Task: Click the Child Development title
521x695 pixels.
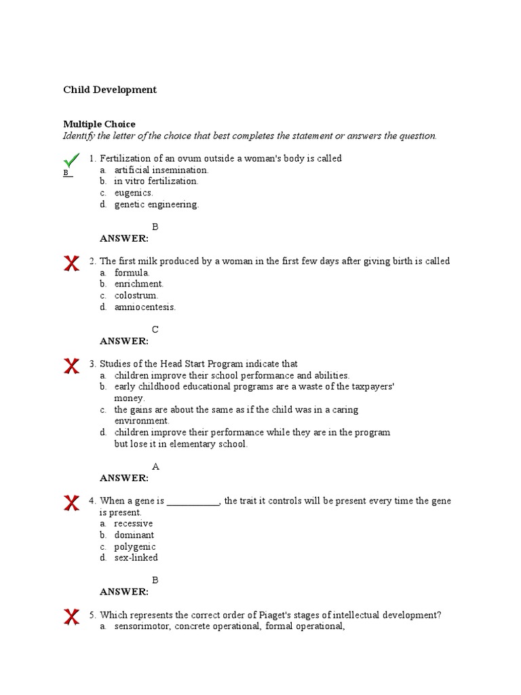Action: coord(110,90)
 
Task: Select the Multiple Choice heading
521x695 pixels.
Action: coord(99,124)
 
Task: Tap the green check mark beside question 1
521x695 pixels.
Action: coord(71,160)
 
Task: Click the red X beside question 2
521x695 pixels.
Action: coord(71,263)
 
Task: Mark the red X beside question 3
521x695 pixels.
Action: coord(71,367)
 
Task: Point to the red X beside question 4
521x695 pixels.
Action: coord(71,503)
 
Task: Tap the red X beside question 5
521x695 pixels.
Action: coord(71,617)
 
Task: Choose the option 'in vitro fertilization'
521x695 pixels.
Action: coord(156,182)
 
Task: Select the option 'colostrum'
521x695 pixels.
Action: coord(136,296)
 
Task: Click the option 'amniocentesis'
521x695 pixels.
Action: coord(144,307)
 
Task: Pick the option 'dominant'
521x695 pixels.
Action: coord(134,536)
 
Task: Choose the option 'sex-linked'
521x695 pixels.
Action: coord(136,558)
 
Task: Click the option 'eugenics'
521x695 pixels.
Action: coord(134,193)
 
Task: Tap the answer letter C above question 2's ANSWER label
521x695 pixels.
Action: coord(155,330)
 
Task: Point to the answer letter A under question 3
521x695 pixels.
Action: coord(155,467)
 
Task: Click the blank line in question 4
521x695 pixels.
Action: coord(193,502)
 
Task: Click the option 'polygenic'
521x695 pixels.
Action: coord(135,547)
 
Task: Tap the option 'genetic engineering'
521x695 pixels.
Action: coord(156,205)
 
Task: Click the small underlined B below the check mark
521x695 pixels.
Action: coord(66,173)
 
